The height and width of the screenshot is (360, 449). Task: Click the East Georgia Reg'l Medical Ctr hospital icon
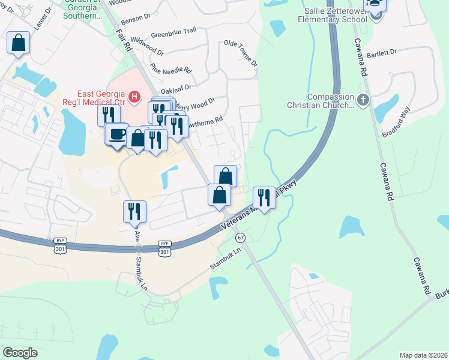coord(134,96)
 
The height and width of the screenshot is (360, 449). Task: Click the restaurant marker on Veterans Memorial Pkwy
coord(264,197)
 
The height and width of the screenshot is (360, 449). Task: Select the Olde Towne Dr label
coord(240,53)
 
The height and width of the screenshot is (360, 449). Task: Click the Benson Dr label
coord(135,19)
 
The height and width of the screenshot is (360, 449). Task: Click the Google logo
coord(20,352)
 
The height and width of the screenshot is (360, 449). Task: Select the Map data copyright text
coord(423,355)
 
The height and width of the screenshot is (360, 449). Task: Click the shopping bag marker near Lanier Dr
coord(18,43)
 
